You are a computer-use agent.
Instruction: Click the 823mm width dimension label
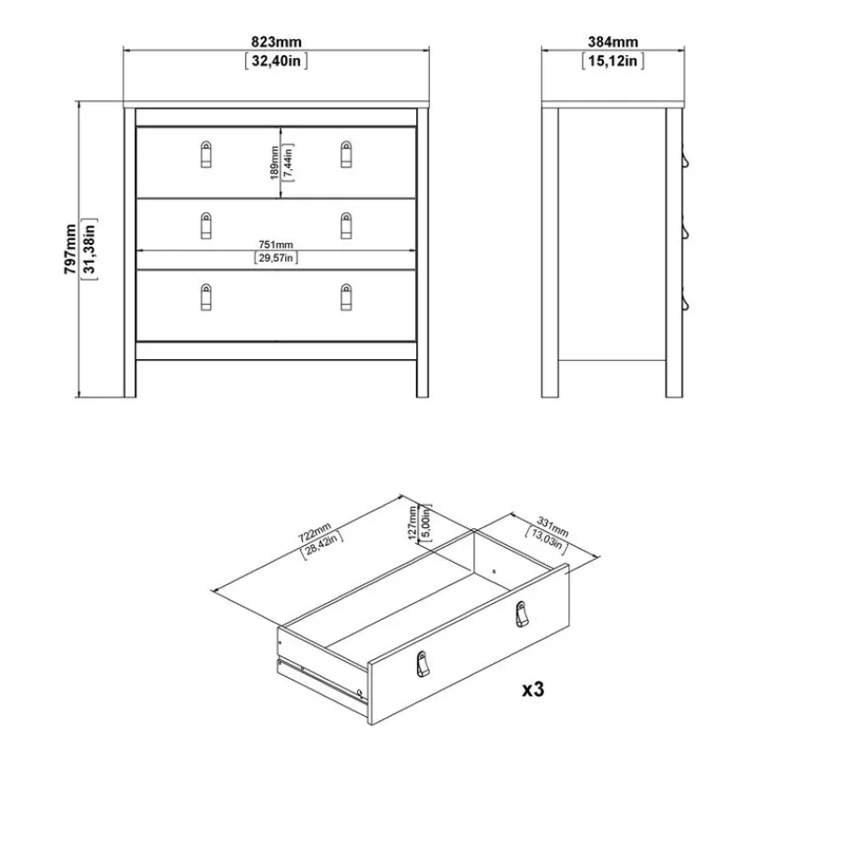click(x=277, y=42)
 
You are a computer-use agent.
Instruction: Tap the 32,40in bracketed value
click(x=277, y=61)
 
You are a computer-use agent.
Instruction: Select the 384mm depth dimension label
click(x=612, y=42)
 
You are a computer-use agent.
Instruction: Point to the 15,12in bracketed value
click(x=612, y=61)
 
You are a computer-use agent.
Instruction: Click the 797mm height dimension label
click(x=70, y=249)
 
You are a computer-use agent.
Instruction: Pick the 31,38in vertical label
click(x=89, y=249)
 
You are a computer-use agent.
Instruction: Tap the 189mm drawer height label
click(x=275, y=163)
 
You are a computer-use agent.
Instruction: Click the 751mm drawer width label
click(x=276, y=245)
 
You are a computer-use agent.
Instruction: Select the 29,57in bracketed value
click(x=276, y=258)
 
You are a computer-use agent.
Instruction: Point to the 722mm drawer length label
click(x=315, y=533)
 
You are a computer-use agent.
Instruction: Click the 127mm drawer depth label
click(x=412, y=523)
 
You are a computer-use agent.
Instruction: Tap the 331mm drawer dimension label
click(x=553, y=527)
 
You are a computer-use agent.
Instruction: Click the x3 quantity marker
click(x=533, y=690)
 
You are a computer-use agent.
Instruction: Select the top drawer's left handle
click(x=206, y=154)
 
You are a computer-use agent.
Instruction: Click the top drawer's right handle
click(x=346, y=154)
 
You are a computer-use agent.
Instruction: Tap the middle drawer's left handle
click(x=206, y=225)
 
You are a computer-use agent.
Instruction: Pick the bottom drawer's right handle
click(x=346, y=297)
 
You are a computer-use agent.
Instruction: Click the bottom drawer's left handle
click(x=206, y=297)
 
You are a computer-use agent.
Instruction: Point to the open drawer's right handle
click(x=522, y=614)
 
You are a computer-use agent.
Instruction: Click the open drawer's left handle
click(x=423, y=664)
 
